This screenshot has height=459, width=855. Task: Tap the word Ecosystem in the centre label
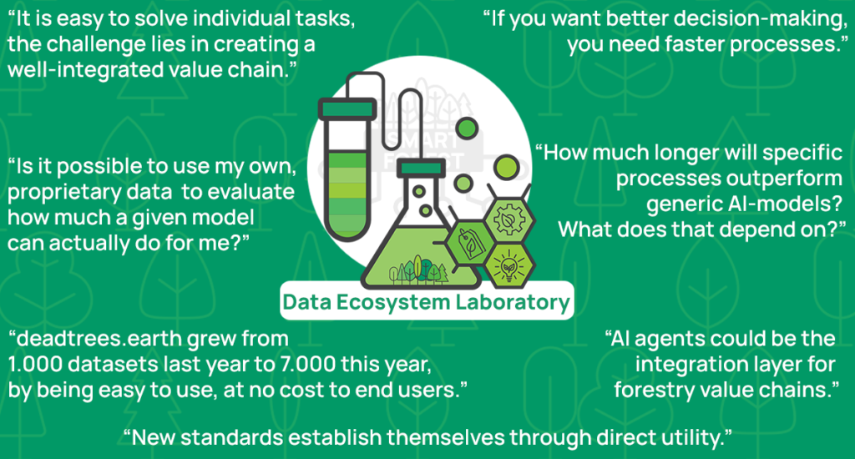[397, 302]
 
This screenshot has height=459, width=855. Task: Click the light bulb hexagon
[507, 265]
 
